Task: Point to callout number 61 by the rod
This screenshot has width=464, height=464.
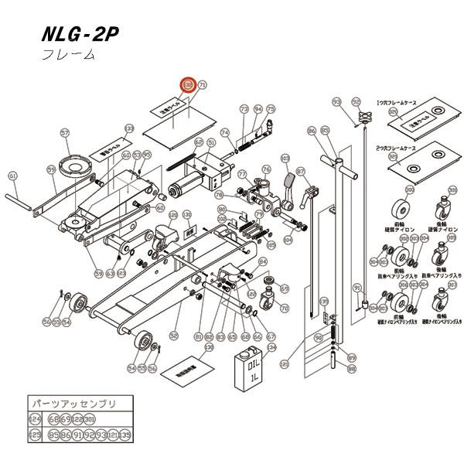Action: (12, 176)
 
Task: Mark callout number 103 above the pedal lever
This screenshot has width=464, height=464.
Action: (285, 159)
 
